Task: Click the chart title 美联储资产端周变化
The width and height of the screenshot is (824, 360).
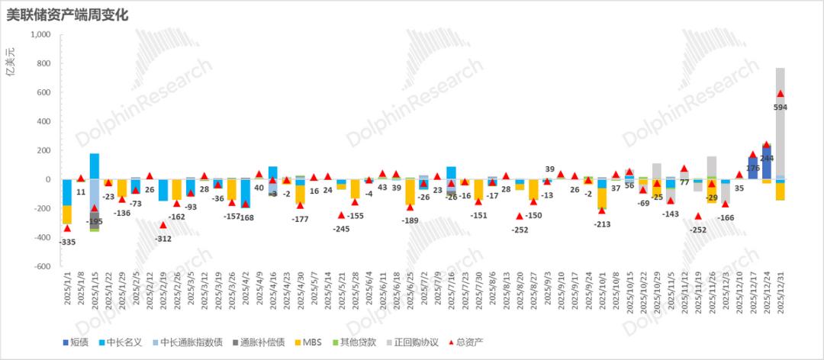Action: pyautogui.click(x=68, y=14)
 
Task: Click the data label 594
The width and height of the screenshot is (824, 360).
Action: pyautogui.click(x=781, y=108)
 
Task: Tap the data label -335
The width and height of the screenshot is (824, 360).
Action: pyautogui.click(x=67, y=242)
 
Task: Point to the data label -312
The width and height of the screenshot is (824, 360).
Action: pyautogui.click(x=163, y=237)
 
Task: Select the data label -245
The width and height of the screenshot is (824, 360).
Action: pyautogui.click(x=341, y=228)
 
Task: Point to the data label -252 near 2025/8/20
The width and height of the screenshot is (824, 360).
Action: pyautogui.click(x=520, y=228)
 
